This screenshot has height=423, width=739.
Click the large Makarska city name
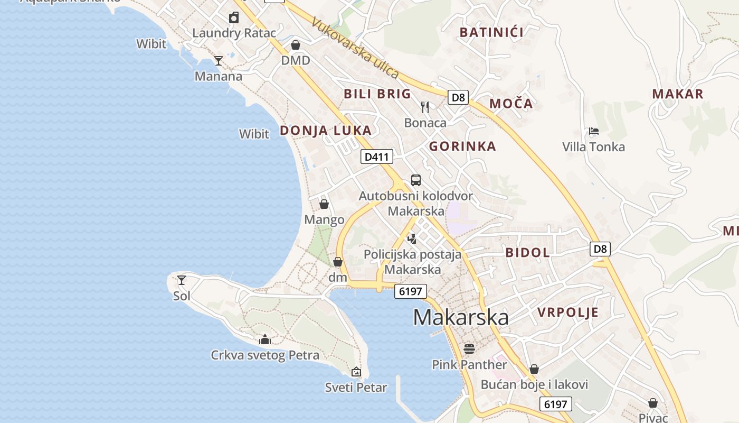(x=460, y=317)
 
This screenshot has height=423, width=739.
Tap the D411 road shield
(x=377, y=157)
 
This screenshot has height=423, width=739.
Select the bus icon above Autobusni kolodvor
(x=416, y=180)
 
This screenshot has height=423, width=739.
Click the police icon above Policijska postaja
(x=412, y=238)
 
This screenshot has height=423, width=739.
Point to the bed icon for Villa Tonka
(x=593, y=131)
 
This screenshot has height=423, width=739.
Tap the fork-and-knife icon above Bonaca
(x=425, y=107)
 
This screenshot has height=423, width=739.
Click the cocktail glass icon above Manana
(x=218, y=61)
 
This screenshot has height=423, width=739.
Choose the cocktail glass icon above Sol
(x=182, y=280)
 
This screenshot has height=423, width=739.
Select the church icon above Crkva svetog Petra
(x=265, y=339)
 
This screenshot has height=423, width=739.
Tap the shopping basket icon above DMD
(x=296, y=45)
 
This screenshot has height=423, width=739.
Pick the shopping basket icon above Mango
(x=324, y=204)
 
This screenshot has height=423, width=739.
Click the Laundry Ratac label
(x=234, y=33)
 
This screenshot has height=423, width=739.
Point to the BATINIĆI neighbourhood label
(x=491, y=32)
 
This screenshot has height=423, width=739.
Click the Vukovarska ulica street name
(x=355, y=48)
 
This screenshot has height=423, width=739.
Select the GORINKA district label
(x=462, y=146)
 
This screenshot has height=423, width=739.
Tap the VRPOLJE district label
(x=568, y=312)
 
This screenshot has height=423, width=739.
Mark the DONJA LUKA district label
(x=326, y=131)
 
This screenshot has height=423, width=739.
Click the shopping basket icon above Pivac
(x=653, y=403)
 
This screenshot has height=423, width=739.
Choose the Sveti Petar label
(x=356, y=388)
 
